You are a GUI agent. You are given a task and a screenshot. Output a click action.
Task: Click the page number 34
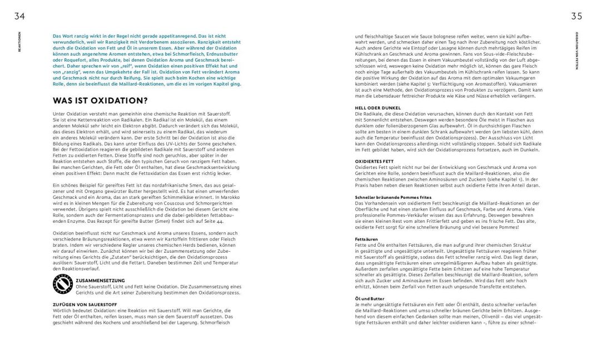[x=19, y=16]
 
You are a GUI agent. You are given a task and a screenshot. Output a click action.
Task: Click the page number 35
[x=576, y=16]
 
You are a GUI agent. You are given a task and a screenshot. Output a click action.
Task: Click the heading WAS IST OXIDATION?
[x=100, y=101]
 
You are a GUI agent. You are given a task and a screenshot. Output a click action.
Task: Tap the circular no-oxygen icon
[x=63, y=284]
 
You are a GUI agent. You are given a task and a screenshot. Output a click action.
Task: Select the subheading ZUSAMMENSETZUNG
[x=101, y=281]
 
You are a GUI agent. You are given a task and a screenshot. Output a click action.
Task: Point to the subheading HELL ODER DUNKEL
[x=378, y=107]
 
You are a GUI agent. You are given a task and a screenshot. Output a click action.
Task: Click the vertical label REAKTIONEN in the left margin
[x=19, y=42]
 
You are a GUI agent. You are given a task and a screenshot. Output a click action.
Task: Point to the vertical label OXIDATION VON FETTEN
[x=577, y=51]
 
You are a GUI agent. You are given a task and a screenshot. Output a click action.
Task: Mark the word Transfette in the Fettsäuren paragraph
[x=496, y=287]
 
